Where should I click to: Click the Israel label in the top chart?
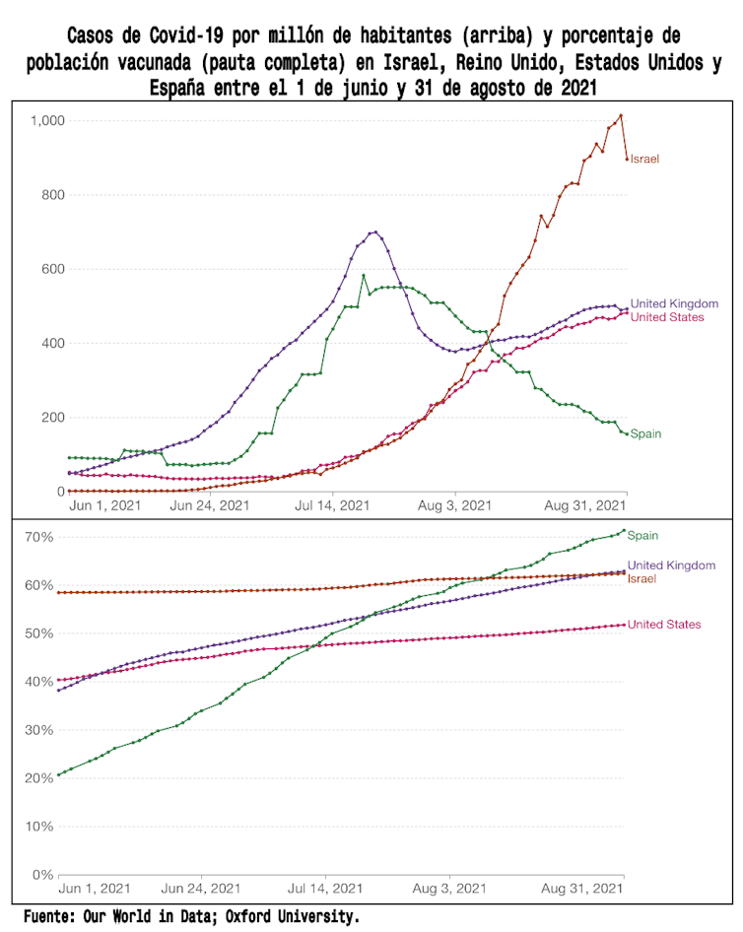[x=644, y=159]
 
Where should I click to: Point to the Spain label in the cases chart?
[x=645, y=433]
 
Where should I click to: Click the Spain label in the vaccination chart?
[x=642, y=536]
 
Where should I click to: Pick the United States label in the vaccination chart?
[x=664, y=625]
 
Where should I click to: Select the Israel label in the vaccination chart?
[x=642, y=578]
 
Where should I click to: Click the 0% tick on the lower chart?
[x=44, y=875]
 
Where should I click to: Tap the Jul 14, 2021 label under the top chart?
[x=333, y=506]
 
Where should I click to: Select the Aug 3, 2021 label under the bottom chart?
[x=449, y=890]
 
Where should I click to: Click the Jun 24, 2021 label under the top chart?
[x=211, y=506]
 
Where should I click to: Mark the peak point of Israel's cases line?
[x=621, y=115]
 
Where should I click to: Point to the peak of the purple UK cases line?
[x=374, y=232]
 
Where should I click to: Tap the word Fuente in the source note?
[x=52, y=916]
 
